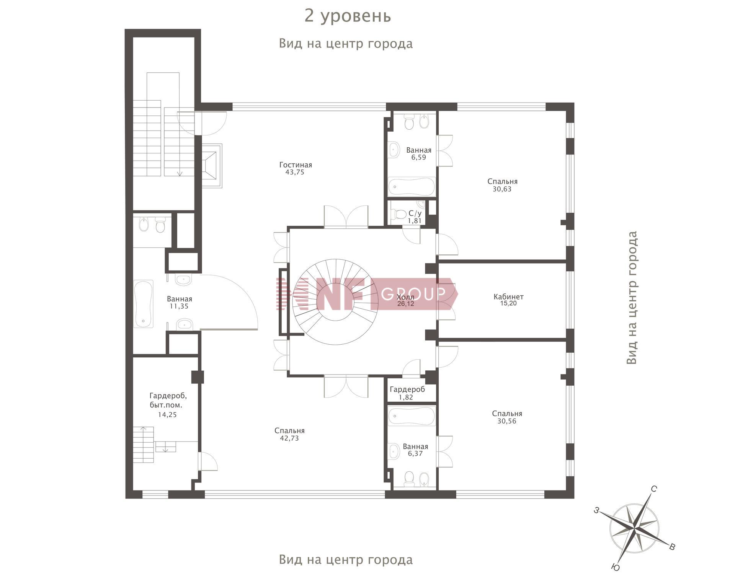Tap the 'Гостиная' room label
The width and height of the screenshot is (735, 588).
point(296,165)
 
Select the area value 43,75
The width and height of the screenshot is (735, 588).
point(295,173)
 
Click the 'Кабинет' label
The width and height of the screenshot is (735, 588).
point(508,296)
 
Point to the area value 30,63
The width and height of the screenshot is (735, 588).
point(502,189)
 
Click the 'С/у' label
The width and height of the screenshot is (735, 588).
point(415,213)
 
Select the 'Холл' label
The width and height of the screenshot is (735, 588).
point(405,297)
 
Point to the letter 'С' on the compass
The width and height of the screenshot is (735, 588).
point(654,489)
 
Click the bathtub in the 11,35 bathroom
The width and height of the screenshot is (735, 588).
point(144,304)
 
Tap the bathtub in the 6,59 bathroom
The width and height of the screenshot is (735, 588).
point(412,187)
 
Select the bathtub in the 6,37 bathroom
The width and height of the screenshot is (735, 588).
point(412,416)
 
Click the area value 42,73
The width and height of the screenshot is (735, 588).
point(289,438)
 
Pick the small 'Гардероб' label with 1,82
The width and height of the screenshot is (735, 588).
point(407,389)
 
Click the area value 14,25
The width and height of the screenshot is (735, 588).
point(167,415)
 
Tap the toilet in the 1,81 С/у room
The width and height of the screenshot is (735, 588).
point(400,214)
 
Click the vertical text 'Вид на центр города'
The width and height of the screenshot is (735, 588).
point(632,298)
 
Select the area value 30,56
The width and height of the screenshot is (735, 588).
point(507,421)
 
